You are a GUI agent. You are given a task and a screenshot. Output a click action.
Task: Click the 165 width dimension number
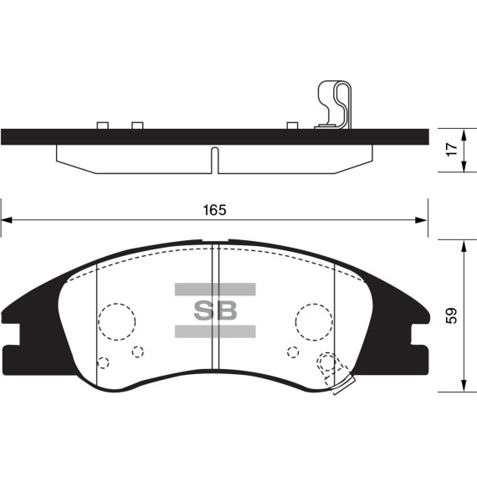coord(215,210)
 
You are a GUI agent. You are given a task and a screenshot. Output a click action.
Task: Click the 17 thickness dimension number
coord(453,149)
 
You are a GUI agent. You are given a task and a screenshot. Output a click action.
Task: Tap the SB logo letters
coord(215,310)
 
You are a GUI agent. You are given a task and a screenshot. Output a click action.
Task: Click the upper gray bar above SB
coord(215,290)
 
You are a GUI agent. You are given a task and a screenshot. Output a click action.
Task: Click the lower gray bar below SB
coord(215,331)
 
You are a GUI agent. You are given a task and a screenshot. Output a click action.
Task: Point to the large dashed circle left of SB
coord(117,304)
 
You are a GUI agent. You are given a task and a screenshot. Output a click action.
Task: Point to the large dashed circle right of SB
coord(314,304)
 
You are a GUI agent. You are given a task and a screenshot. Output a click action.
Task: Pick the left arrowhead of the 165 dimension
coord(7,220)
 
